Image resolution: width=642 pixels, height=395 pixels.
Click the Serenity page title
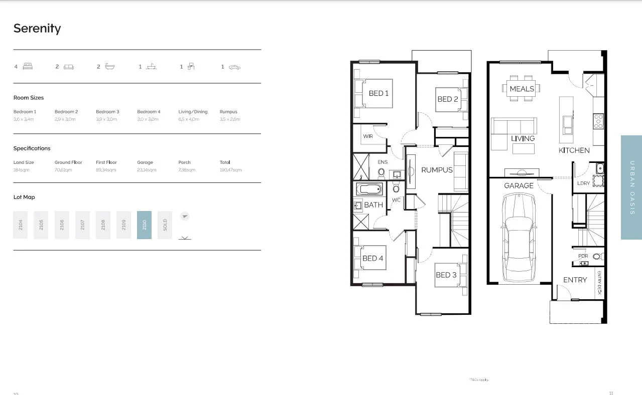pos(37,28)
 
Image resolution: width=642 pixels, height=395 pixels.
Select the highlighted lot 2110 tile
pos(144,225)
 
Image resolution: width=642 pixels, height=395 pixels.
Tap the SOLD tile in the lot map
pos(165,225)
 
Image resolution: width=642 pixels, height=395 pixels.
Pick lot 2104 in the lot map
pos(20,225)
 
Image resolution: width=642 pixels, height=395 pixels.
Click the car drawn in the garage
pos(519,239)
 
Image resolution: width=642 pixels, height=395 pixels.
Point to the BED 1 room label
pos(378,93)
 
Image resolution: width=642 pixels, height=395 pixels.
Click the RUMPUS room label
pos(437,170)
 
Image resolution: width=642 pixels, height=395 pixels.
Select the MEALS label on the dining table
pos(522,89)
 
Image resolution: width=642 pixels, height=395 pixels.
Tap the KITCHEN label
pos(574,150)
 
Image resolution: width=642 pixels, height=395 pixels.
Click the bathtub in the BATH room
pos(369,189)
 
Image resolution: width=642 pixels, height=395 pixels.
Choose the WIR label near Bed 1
pos(368,136)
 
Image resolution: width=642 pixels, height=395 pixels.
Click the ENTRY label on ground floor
pos(575,280)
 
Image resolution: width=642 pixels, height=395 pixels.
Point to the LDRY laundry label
pos(583,183)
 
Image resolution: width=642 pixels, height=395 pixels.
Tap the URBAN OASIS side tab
pos(631,187)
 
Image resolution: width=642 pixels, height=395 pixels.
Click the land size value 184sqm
pos(21,170)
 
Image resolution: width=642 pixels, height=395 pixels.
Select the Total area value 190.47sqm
pos(230,170)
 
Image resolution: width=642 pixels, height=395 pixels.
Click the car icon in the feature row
pos(234,67)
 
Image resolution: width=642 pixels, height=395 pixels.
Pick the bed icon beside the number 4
pos(28,66)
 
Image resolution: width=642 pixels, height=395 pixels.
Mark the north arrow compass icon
pos(185,217)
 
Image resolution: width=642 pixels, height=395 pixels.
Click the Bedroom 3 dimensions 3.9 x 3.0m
pos(106,119)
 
